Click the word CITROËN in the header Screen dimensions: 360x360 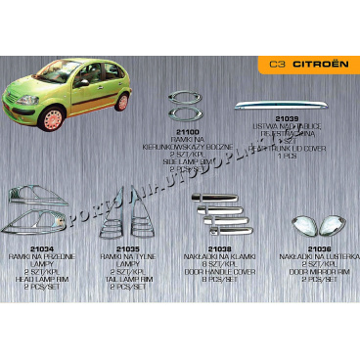point(319,69)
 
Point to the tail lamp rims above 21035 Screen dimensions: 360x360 point(118,217)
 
